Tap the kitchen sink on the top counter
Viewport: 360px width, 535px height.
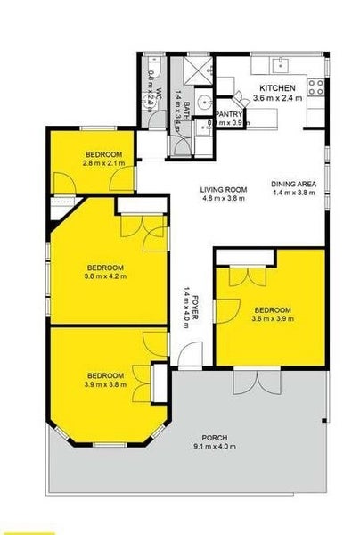pos(279,63)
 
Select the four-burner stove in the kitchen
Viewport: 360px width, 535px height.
pos(315,87)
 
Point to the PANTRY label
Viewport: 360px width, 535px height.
pos(229,113)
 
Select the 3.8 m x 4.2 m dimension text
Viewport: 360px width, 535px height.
pos(105,276)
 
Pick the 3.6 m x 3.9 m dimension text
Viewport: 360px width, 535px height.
pos(271,319)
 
